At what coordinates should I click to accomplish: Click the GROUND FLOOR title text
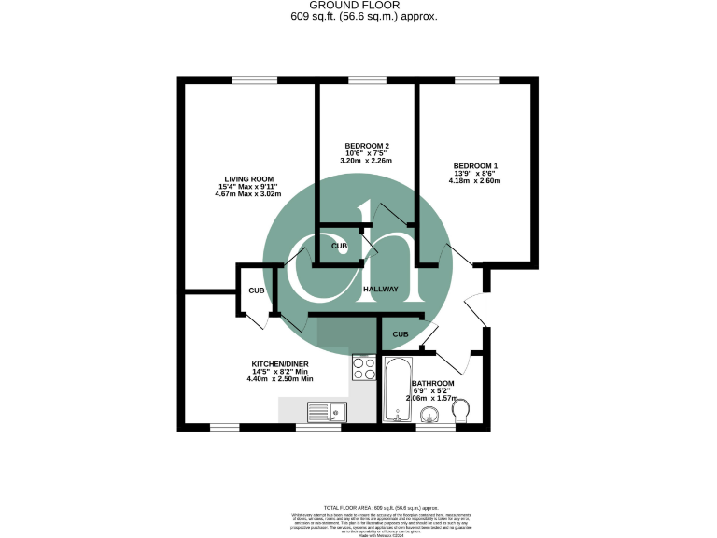[358, 5]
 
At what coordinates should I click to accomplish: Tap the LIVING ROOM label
[248, 178]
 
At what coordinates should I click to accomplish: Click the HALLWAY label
[381, 290]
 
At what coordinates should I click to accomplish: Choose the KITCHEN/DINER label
[280, 364]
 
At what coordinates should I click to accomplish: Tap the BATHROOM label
[433, 384]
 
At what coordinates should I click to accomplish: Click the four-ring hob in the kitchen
[363, 367]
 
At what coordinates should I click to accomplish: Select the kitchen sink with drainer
[327, 411]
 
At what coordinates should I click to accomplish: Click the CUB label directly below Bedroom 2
[340, 246]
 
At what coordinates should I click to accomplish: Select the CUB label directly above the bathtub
[401, 334]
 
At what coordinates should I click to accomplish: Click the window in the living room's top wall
[248, 80]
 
